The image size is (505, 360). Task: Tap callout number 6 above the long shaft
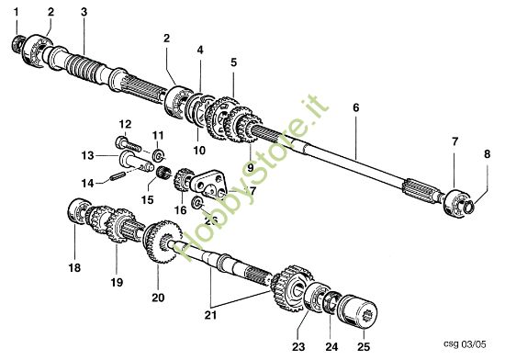(355, 107)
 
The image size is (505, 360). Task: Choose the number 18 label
(74, 268)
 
